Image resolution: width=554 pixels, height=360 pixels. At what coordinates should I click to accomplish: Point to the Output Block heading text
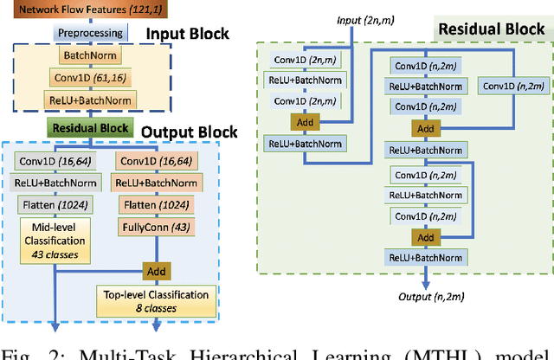click(x=189, y=132)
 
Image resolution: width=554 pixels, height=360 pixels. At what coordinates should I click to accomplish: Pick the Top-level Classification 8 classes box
click(x=155, y=300)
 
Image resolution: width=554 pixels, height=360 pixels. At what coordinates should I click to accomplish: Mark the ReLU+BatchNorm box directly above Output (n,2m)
click(x=423, y=257)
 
